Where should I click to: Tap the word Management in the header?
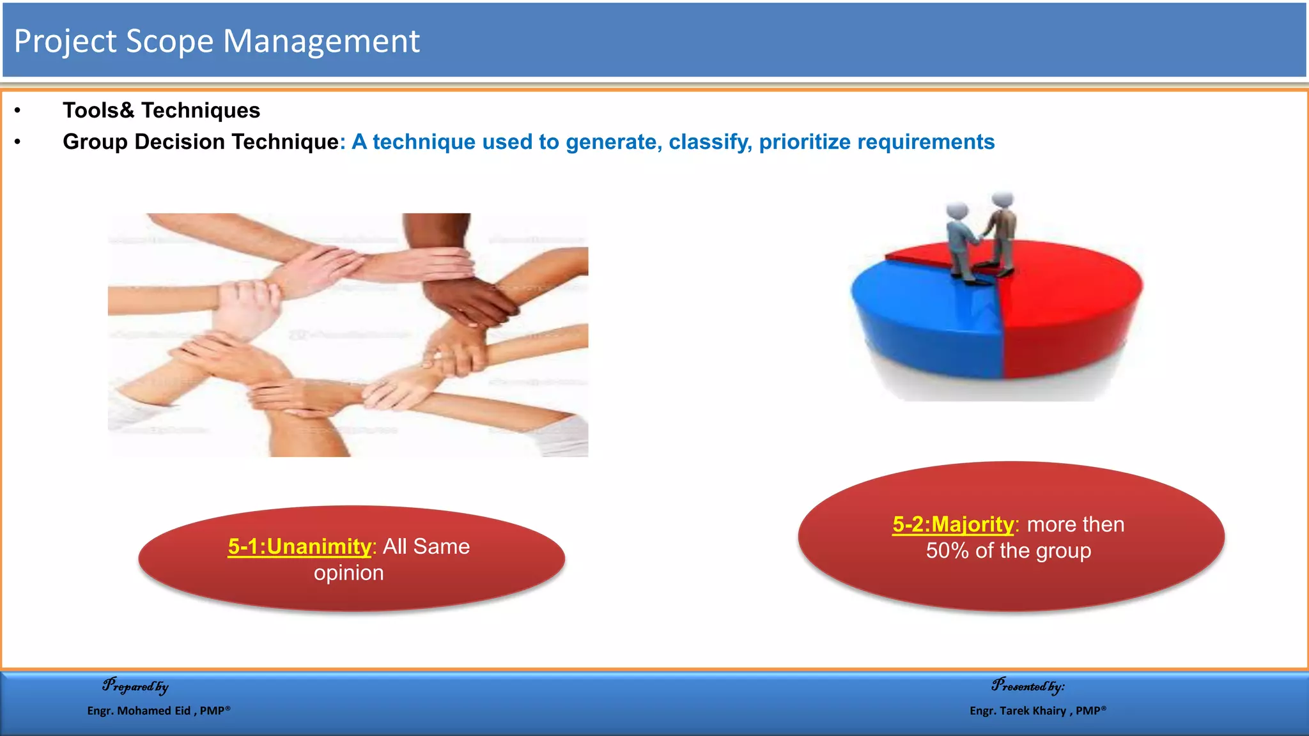[321, 42]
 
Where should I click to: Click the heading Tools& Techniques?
[161, 111]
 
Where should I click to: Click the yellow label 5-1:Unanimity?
[299, 547]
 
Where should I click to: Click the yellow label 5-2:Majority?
[952, 525]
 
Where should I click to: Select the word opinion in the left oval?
[348, 573]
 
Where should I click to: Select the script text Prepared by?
[136, 686]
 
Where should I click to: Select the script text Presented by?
[1028, 686]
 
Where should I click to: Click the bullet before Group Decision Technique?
[18, 142]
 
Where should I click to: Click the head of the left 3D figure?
[957, 210]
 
